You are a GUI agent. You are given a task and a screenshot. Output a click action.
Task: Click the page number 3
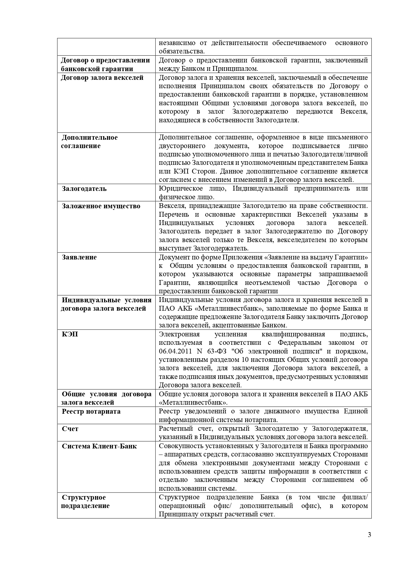[369, 535]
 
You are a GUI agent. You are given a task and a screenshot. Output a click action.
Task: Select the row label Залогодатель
[84, 189]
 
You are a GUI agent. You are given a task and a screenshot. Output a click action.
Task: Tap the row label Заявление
[79, 257]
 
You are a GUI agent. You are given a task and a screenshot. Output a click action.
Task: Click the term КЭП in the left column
[70, 334]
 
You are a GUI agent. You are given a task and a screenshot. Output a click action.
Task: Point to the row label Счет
[70, 429]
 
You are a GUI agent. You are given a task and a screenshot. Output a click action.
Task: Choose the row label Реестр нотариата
[91, 411]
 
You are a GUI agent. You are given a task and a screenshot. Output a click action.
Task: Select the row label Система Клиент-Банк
[99, 446]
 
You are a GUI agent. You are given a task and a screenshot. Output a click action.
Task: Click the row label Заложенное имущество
[101, 206]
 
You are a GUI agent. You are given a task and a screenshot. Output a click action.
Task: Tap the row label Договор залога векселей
[102, 78]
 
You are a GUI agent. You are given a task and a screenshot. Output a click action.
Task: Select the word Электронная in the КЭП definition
[179, 334]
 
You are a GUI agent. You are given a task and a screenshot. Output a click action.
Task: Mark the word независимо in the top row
[176, 43]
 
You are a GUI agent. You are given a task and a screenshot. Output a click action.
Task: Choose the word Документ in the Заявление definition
[173, 257]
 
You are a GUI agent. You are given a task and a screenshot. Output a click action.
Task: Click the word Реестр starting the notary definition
[170, 411]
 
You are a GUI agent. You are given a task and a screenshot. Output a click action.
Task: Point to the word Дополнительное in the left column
[90, 137]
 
